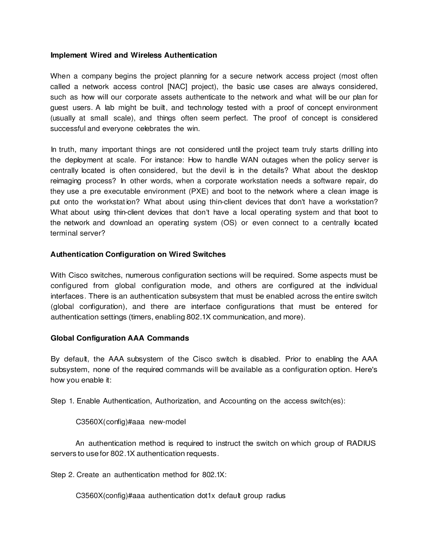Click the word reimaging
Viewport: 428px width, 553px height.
[66, 181]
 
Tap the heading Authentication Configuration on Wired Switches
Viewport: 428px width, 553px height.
[138, 254]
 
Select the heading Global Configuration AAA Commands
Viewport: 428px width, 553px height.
[119, 338]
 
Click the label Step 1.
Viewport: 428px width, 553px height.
[62, 401]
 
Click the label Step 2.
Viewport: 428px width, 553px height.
[62, 475]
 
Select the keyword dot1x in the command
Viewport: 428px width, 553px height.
[206, 496]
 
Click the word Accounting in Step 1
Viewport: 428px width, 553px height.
[238, 401]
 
